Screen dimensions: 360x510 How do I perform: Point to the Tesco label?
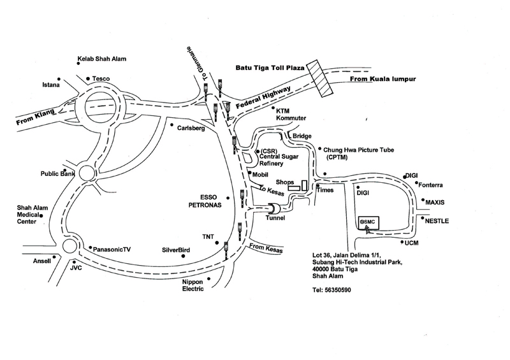pos(101,79)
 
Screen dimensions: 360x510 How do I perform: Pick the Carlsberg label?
pos(191,127)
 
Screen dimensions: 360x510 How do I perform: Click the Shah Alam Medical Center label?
pos(27,215)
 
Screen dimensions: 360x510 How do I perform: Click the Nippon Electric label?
pos(194,285)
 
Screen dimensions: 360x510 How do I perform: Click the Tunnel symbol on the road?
pos(273,208)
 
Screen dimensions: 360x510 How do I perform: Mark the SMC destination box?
pos(369,222)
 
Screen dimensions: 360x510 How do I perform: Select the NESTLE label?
pos(437,221)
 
